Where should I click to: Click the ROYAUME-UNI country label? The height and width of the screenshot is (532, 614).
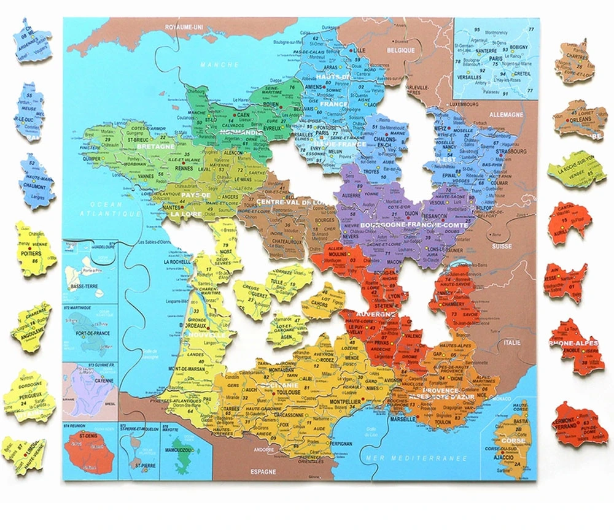(x=184, y=27)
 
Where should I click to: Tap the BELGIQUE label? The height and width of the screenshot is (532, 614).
(x=402, y=50)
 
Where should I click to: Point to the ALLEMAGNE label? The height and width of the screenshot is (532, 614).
(x=506, y=115)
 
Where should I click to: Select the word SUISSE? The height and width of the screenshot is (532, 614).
(x=501, y=246)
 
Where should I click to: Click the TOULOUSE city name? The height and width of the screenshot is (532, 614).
(x=289, y=391)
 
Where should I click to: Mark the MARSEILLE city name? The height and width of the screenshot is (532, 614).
(x=402, y=419)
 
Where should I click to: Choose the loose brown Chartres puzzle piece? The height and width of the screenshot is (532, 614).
(x=574, y=62)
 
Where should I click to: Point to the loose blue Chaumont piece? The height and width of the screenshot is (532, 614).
(x=36, y=181)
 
